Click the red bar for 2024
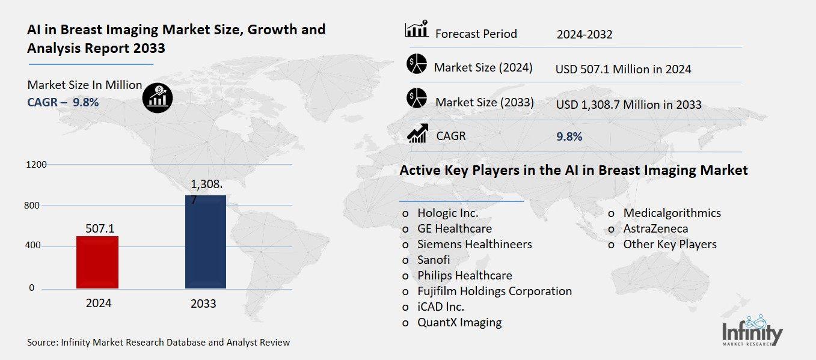click(97, 263)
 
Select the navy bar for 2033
click(205, 242)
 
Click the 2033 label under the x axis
click(203, 304)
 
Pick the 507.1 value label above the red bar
click(99, 228)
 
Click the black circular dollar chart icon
click(157, 97)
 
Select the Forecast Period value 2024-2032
click(584, 34)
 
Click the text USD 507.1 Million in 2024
click(623, 69)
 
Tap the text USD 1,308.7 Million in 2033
click(628, 105)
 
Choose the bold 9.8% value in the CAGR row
click(569, 136)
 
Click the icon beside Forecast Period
click(416, 29)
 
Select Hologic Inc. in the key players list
click(447, 213)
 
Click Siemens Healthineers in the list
click(474, 244)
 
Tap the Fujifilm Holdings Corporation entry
click(494, 291)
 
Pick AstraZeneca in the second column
click(655, 228)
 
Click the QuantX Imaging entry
click(459, 322)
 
